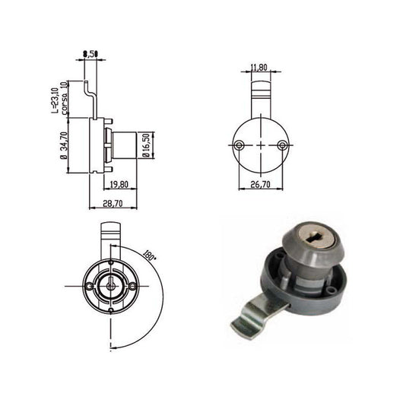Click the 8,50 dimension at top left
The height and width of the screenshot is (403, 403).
(x=90, y=53)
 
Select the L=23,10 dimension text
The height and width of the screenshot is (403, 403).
(x=56, y=98)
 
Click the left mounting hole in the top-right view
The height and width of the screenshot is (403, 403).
(x=239, y=144)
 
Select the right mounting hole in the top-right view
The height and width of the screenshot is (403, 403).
(x=282, y=144)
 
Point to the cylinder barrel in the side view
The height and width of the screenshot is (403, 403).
(x=123, y=144)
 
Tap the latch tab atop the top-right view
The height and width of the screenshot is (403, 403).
(x=261, y=96)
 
